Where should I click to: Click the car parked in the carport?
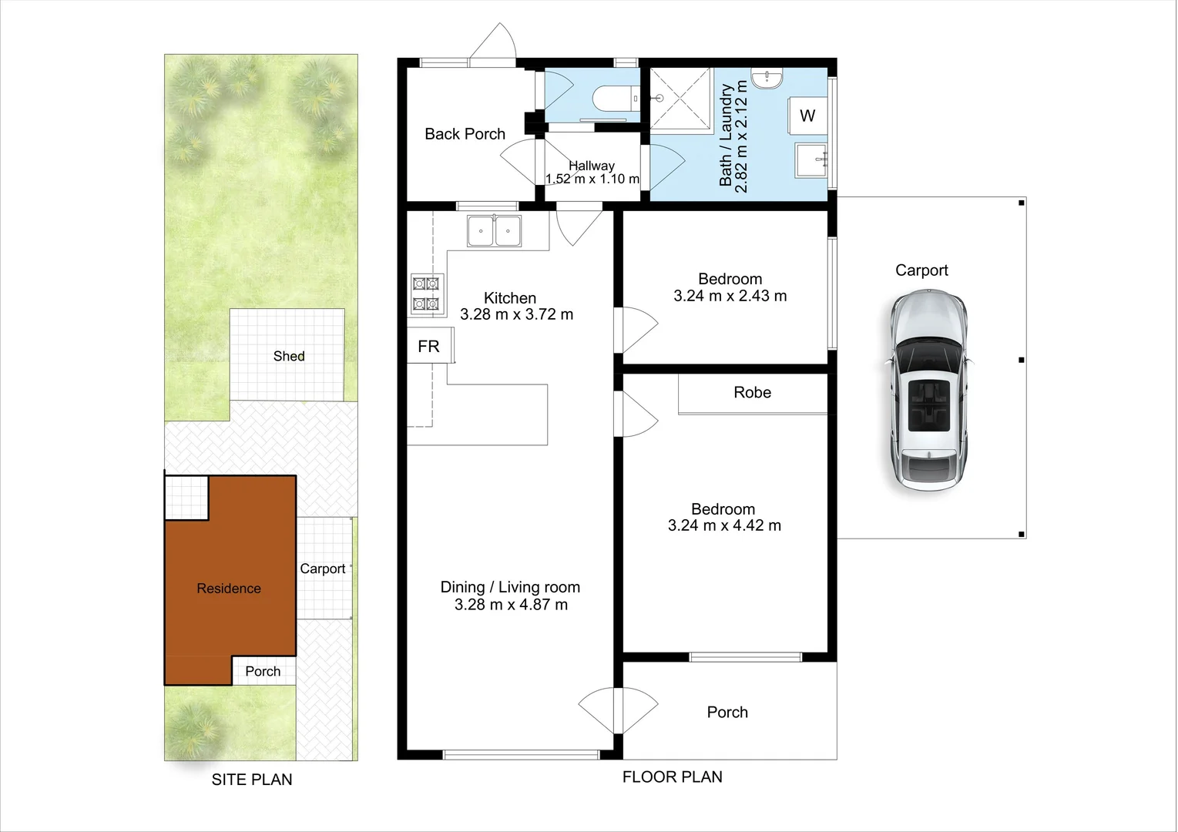[928, 391]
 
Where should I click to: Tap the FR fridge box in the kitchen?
[429, 346]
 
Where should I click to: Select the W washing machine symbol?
[807, 116]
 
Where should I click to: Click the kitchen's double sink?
[494, 231]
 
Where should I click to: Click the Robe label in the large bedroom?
[752, 393]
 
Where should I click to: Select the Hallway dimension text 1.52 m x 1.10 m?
[592, 179]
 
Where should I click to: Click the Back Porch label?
[465, 134]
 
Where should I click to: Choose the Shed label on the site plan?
[289, 356]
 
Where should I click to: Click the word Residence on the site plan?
[229, 589]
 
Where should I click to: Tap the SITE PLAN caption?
[252, 780]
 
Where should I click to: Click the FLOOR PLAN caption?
[672, 777]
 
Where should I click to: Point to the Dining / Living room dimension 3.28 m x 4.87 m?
[511, 605]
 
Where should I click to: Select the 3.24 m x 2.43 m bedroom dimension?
[730, 296]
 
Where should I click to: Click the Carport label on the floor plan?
[921, 270]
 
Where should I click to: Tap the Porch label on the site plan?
[263, 672]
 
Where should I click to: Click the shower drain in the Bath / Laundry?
[659, 99]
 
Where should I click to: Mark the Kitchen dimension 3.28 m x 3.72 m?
[516, 314]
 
